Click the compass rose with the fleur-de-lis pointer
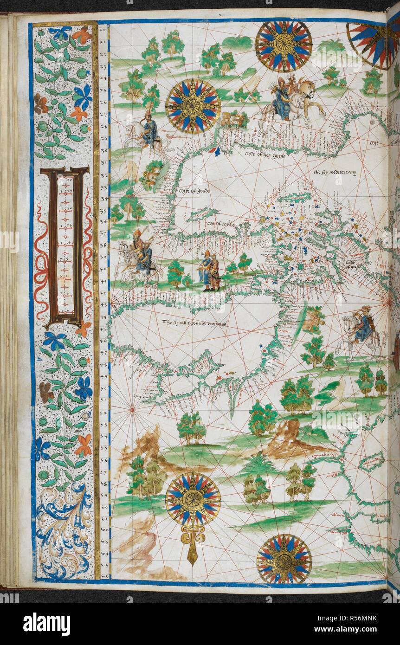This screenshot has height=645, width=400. point(193,499)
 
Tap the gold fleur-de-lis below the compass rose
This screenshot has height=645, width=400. point(192,541)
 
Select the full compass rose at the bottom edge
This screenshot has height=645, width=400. point(284,559)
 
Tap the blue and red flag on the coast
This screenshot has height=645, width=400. point(214,150)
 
